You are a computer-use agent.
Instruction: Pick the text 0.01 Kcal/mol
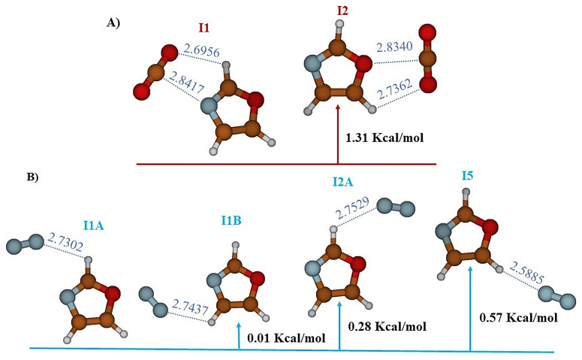coord(285,339)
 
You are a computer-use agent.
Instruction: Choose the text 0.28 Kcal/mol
coord(387,326)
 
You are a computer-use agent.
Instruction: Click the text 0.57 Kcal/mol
coord(518,319)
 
